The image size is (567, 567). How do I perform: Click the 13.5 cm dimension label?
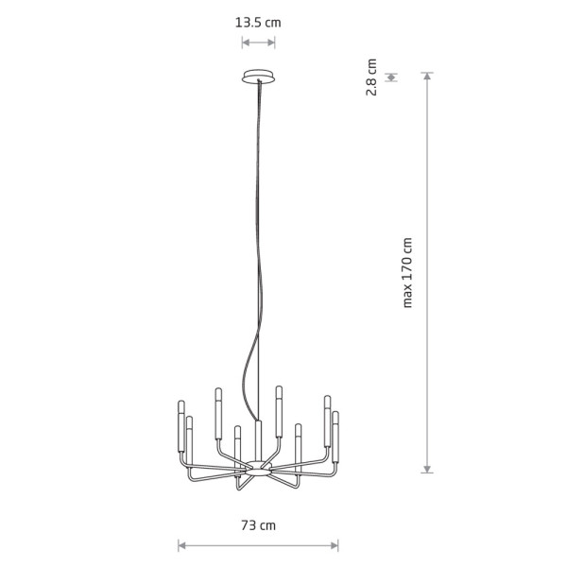(x=258, y=23)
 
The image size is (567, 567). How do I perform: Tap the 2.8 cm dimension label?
(x=371, y=77)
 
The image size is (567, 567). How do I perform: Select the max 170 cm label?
(x=407, y=273)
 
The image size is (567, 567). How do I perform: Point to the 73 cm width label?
(x=258, y=525)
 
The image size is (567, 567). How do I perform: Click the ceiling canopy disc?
(x=258, y=77)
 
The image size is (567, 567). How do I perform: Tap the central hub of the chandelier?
(x=259, y=469)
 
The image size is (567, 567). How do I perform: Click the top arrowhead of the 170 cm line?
(x=427, y=76)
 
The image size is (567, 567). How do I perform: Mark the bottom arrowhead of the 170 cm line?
(x=427, y=470)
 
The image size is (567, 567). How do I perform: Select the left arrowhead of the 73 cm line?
(x=181, y=545)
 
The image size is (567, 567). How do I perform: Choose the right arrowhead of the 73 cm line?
(x=335, y=545)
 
